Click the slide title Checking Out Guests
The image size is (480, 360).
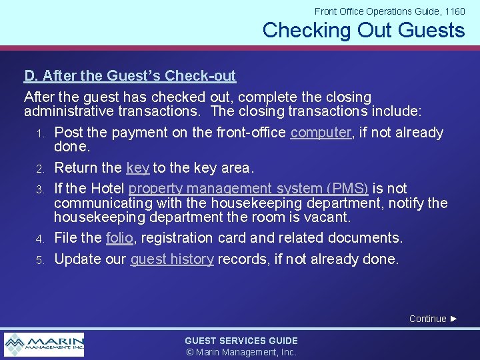363,31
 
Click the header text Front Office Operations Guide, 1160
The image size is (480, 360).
389,11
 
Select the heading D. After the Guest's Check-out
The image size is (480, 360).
130,76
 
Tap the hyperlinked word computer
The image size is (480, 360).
321,133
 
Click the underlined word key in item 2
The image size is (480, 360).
137,167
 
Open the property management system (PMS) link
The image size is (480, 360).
248,189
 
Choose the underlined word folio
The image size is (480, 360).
119,238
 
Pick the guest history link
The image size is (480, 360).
172,259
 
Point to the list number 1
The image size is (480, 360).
41,134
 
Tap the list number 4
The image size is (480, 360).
41,239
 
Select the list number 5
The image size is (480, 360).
41,260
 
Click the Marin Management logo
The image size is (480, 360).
44,344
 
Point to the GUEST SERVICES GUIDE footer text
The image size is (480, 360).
241,341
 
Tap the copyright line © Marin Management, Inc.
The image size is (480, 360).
241,352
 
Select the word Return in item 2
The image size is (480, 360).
77,167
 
